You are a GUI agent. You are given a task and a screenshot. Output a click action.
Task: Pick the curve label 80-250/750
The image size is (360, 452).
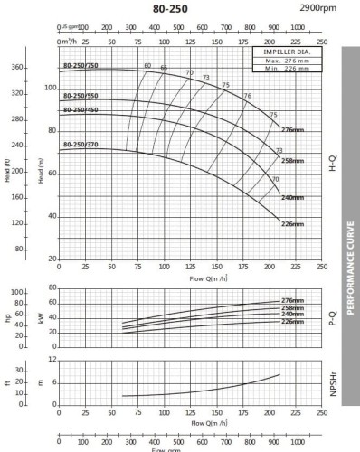point(81,67)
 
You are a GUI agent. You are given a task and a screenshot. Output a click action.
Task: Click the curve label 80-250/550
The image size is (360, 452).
point(81,97)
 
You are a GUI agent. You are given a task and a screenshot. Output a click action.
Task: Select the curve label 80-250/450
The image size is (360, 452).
point(81,110)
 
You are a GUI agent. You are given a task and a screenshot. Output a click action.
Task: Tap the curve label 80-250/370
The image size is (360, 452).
point(81,145)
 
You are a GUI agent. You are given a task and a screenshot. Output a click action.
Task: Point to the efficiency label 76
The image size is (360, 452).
point(247,96)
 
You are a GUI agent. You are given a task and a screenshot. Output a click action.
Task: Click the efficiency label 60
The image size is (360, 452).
point(147,66)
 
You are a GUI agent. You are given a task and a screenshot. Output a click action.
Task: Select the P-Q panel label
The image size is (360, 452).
point(335,317)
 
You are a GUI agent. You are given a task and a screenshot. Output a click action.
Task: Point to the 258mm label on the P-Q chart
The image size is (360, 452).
point(291,308)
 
